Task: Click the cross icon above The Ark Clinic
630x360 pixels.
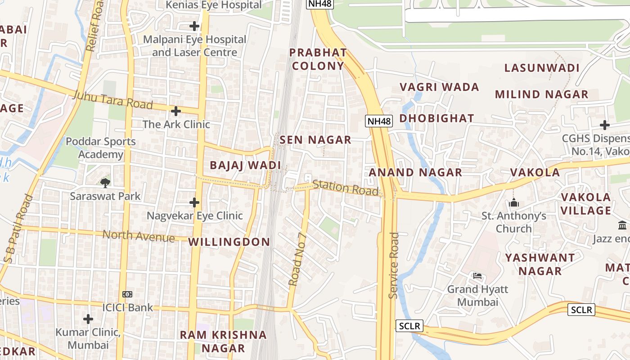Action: tap(176, 111)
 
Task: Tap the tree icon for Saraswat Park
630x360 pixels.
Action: tap(105, 182)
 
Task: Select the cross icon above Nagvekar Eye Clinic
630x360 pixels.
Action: tap(194, 202)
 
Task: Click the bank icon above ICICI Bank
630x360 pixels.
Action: tap(127, 294)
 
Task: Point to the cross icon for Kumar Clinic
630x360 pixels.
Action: tap(88, 319)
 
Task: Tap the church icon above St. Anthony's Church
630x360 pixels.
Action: tap(514, 203)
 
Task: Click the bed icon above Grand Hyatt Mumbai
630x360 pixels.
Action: tap(477, 275)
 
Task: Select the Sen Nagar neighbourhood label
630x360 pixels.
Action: tap(315, 140)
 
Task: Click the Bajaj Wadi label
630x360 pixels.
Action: tap(245, 165)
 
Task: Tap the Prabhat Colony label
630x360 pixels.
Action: tap(318, 59)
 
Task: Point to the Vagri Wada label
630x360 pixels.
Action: tap(439, 87)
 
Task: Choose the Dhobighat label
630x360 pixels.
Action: tap(436, 118)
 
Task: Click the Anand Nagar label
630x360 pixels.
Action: tap(415, 172)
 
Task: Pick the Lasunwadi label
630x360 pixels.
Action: tap(541, 68)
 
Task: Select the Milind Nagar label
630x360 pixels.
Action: tap(541, 94)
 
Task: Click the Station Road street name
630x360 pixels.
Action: tap(345, 187)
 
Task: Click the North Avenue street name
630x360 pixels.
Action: tap(139, 235)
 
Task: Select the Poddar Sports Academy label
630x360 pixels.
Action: tap(101, 148)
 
